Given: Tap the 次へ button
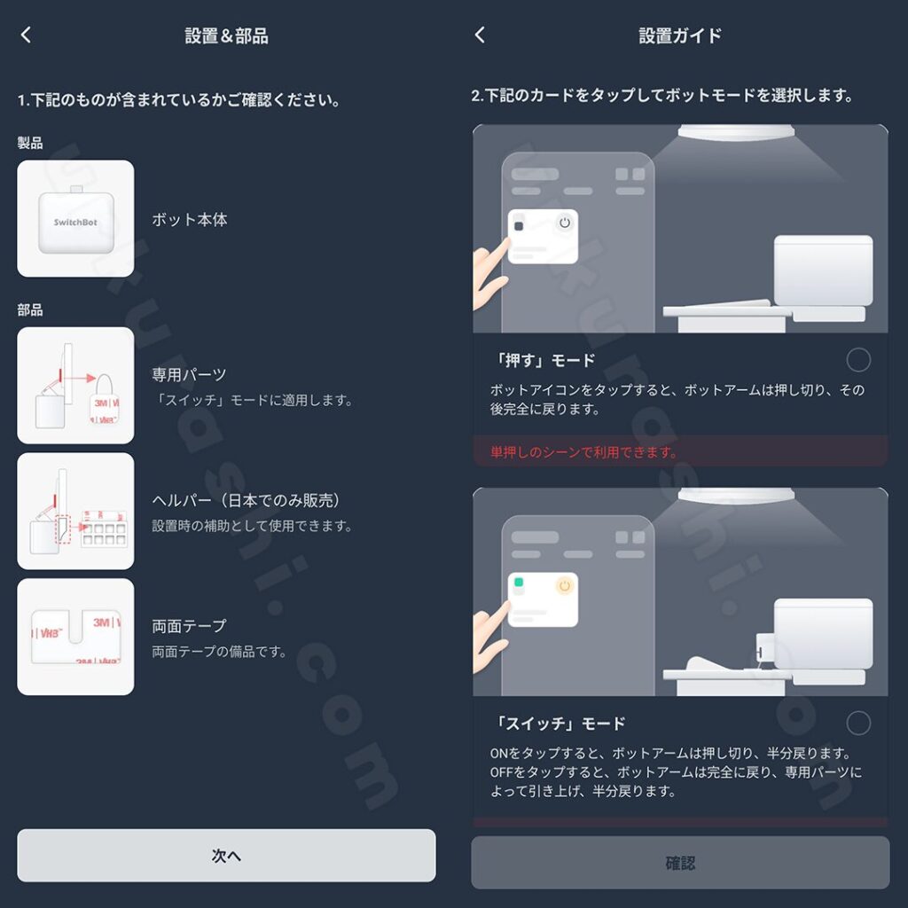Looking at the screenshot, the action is (x=226, y=856).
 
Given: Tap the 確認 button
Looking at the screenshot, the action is (x=680, y=863).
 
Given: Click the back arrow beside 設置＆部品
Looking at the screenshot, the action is (x=26, y=35).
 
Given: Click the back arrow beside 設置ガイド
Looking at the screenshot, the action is (x=480, y=35).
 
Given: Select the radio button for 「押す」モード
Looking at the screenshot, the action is (x=858, y=360).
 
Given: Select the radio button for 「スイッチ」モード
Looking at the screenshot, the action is (x=858, y=724).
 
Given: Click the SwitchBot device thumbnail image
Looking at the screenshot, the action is (x=76, y=219).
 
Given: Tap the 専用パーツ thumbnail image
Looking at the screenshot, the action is (x=76, y=386).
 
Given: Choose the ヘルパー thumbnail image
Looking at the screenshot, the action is (x=76, y=512).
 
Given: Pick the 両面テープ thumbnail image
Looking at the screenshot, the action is (x=76, y=637).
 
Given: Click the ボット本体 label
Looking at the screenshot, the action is (x=190, y=220).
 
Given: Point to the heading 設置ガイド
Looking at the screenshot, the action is (x=680, y=35).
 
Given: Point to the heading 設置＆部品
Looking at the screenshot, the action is (x=226, y=35).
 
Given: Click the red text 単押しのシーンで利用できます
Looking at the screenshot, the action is (x=583, y=451).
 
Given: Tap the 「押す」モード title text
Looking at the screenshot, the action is (x=544, y=360).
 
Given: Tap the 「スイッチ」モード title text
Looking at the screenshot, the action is (x=560, y=724).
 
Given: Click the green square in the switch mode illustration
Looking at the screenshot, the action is (x=519, y=582).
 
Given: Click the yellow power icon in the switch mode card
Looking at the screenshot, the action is (x=565, y=586).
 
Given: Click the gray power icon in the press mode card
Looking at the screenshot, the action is (x=565, y=223).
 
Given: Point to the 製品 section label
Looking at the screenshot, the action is (x=30, y=143).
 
